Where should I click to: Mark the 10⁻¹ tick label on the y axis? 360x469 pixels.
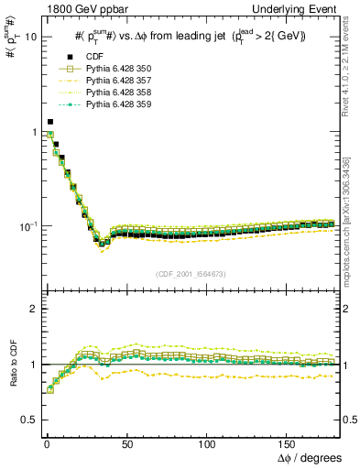click(28, 225)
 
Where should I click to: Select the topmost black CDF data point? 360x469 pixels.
click(50, 121)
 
